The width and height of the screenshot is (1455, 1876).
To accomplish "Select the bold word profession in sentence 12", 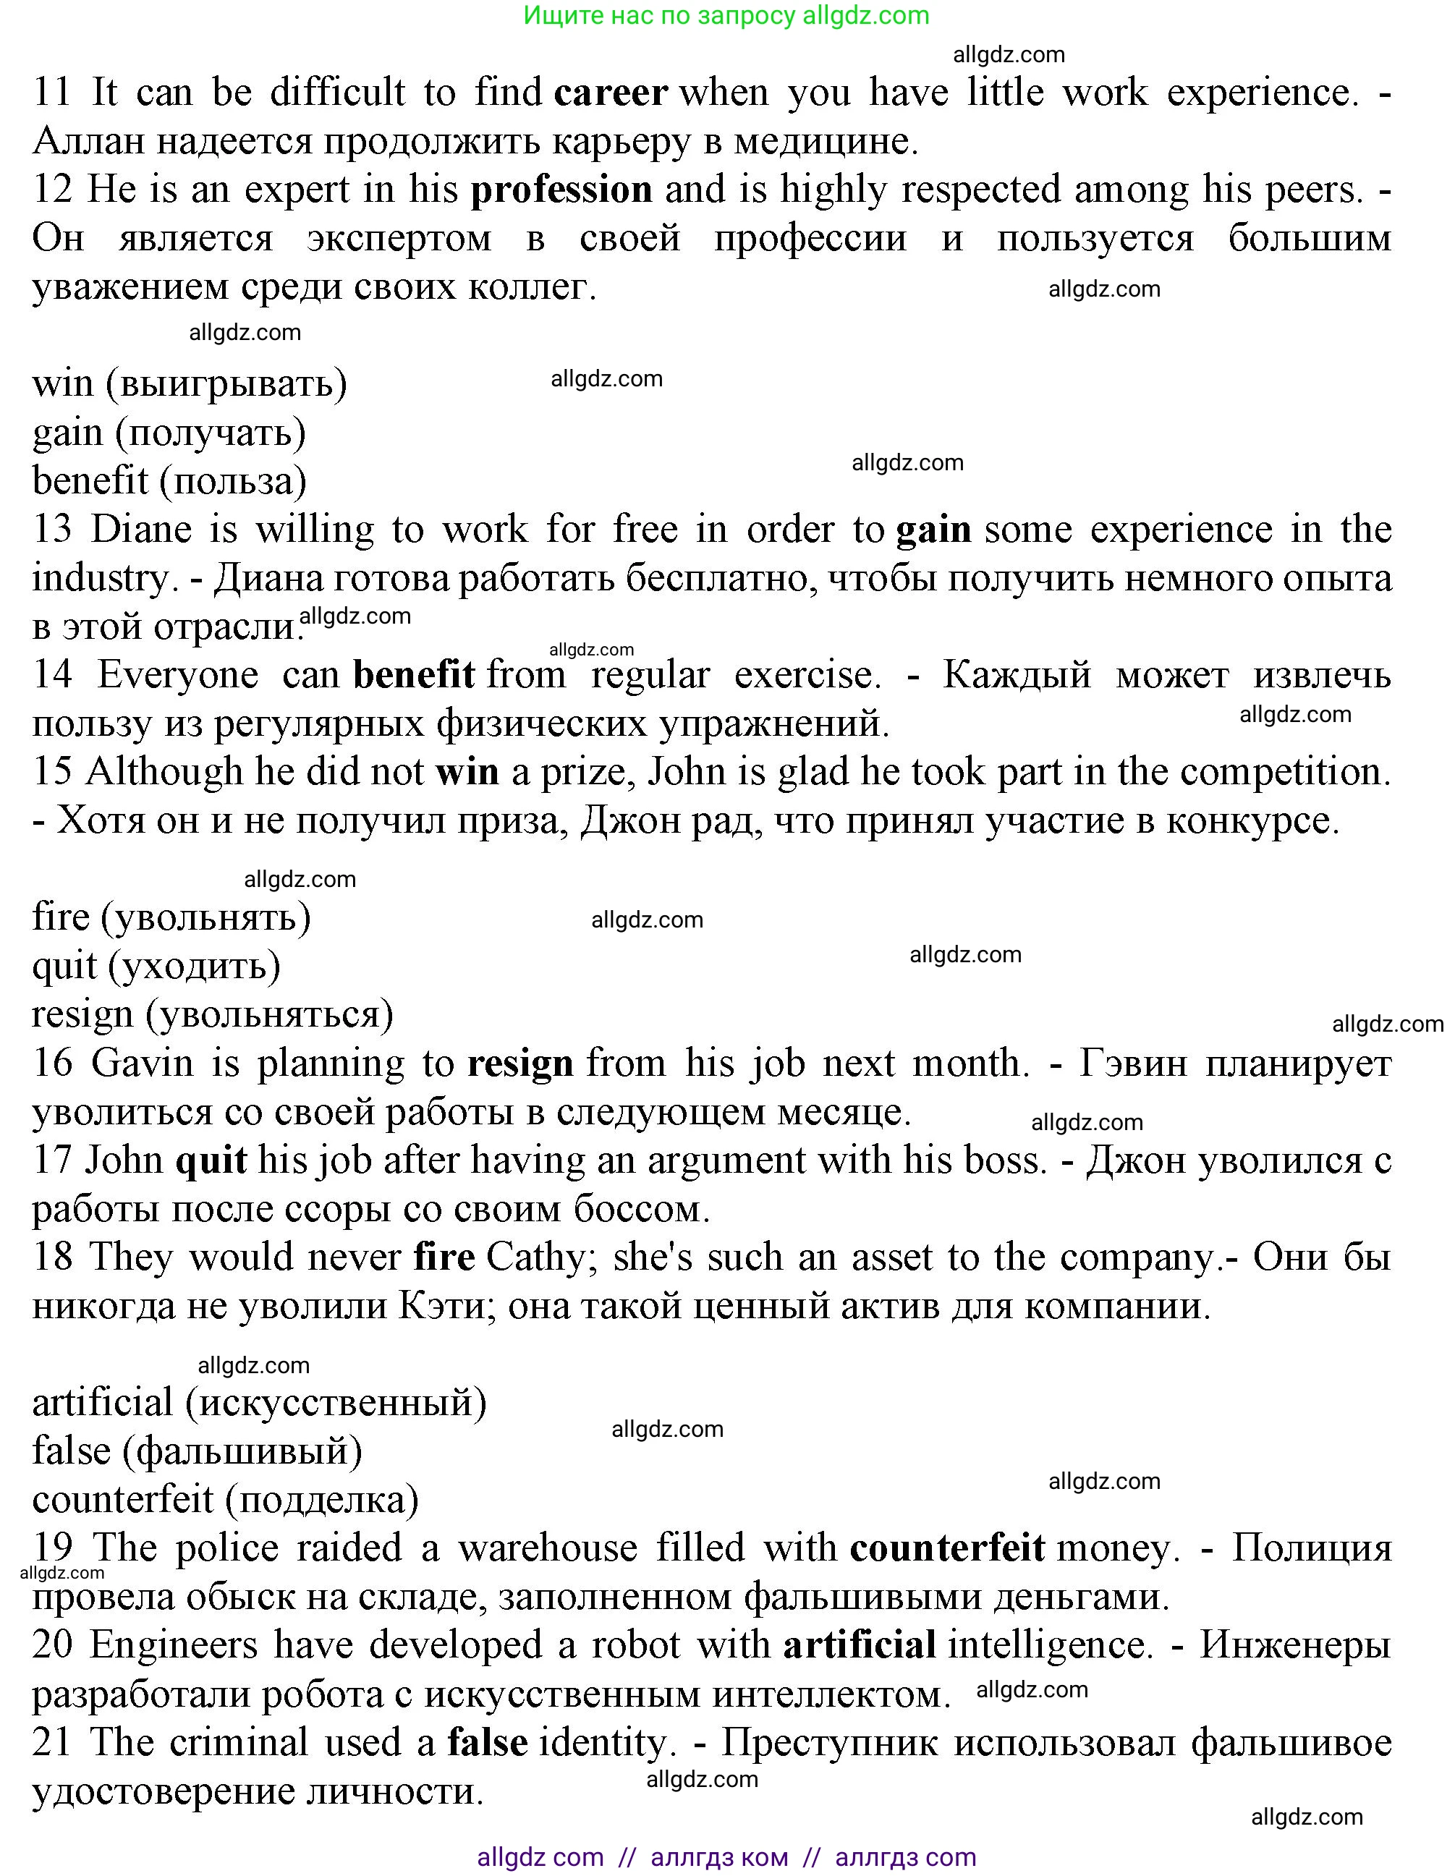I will pyautogui.click(x=561, y=190).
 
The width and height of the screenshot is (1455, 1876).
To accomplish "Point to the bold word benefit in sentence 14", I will pyautogui.click(x=414, y=675).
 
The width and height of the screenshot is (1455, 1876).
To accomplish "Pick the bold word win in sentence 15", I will pyautogui.click(x=467, y=772).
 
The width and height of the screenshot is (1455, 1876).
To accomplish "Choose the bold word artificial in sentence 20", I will pyautogui.click(x=859, y=1646).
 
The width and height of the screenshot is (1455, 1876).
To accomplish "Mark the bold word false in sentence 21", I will pyautogui.click(x=487, y=1743).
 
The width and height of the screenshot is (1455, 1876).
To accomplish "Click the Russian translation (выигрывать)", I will pyautogui.click(x=226, y=384).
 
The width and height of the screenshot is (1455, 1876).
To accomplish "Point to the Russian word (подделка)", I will pyautogui.click(x=322, y=1501).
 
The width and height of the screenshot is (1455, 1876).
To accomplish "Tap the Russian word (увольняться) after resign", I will pyautogui.click(x=269, y=1015).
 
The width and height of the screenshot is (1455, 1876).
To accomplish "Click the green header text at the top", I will pyautogui.click(x=726, y=15).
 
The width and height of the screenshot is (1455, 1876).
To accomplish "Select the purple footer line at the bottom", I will pyautogui.click(x=726, y=1856).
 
